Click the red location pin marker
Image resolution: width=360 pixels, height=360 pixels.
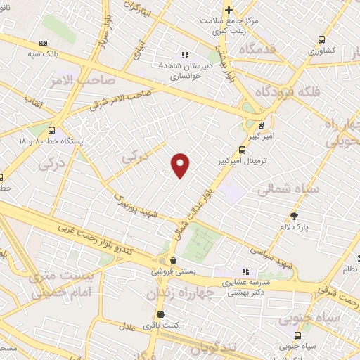coord(181,164)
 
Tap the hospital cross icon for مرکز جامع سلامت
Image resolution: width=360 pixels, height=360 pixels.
coord(229,10)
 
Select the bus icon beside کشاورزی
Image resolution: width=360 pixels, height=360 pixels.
coord(321,40)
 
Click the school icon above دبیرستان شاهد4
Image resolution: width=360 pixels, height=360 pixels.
coord(184,54)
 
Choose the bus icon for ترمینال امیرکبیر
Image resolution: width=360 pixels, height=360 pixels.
coord(243,149)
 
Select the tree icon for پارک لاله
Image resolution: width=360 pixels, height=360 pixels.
coord(294,216)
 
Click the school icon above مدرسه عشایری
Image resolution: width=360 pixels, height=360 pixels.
coord(245,271)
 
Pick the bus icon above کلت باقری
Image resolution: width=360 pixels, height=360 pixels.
coord(160,314)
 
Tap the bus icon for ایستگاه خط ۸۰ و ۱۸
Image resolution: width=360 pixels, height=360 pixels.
coord(51,130)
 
